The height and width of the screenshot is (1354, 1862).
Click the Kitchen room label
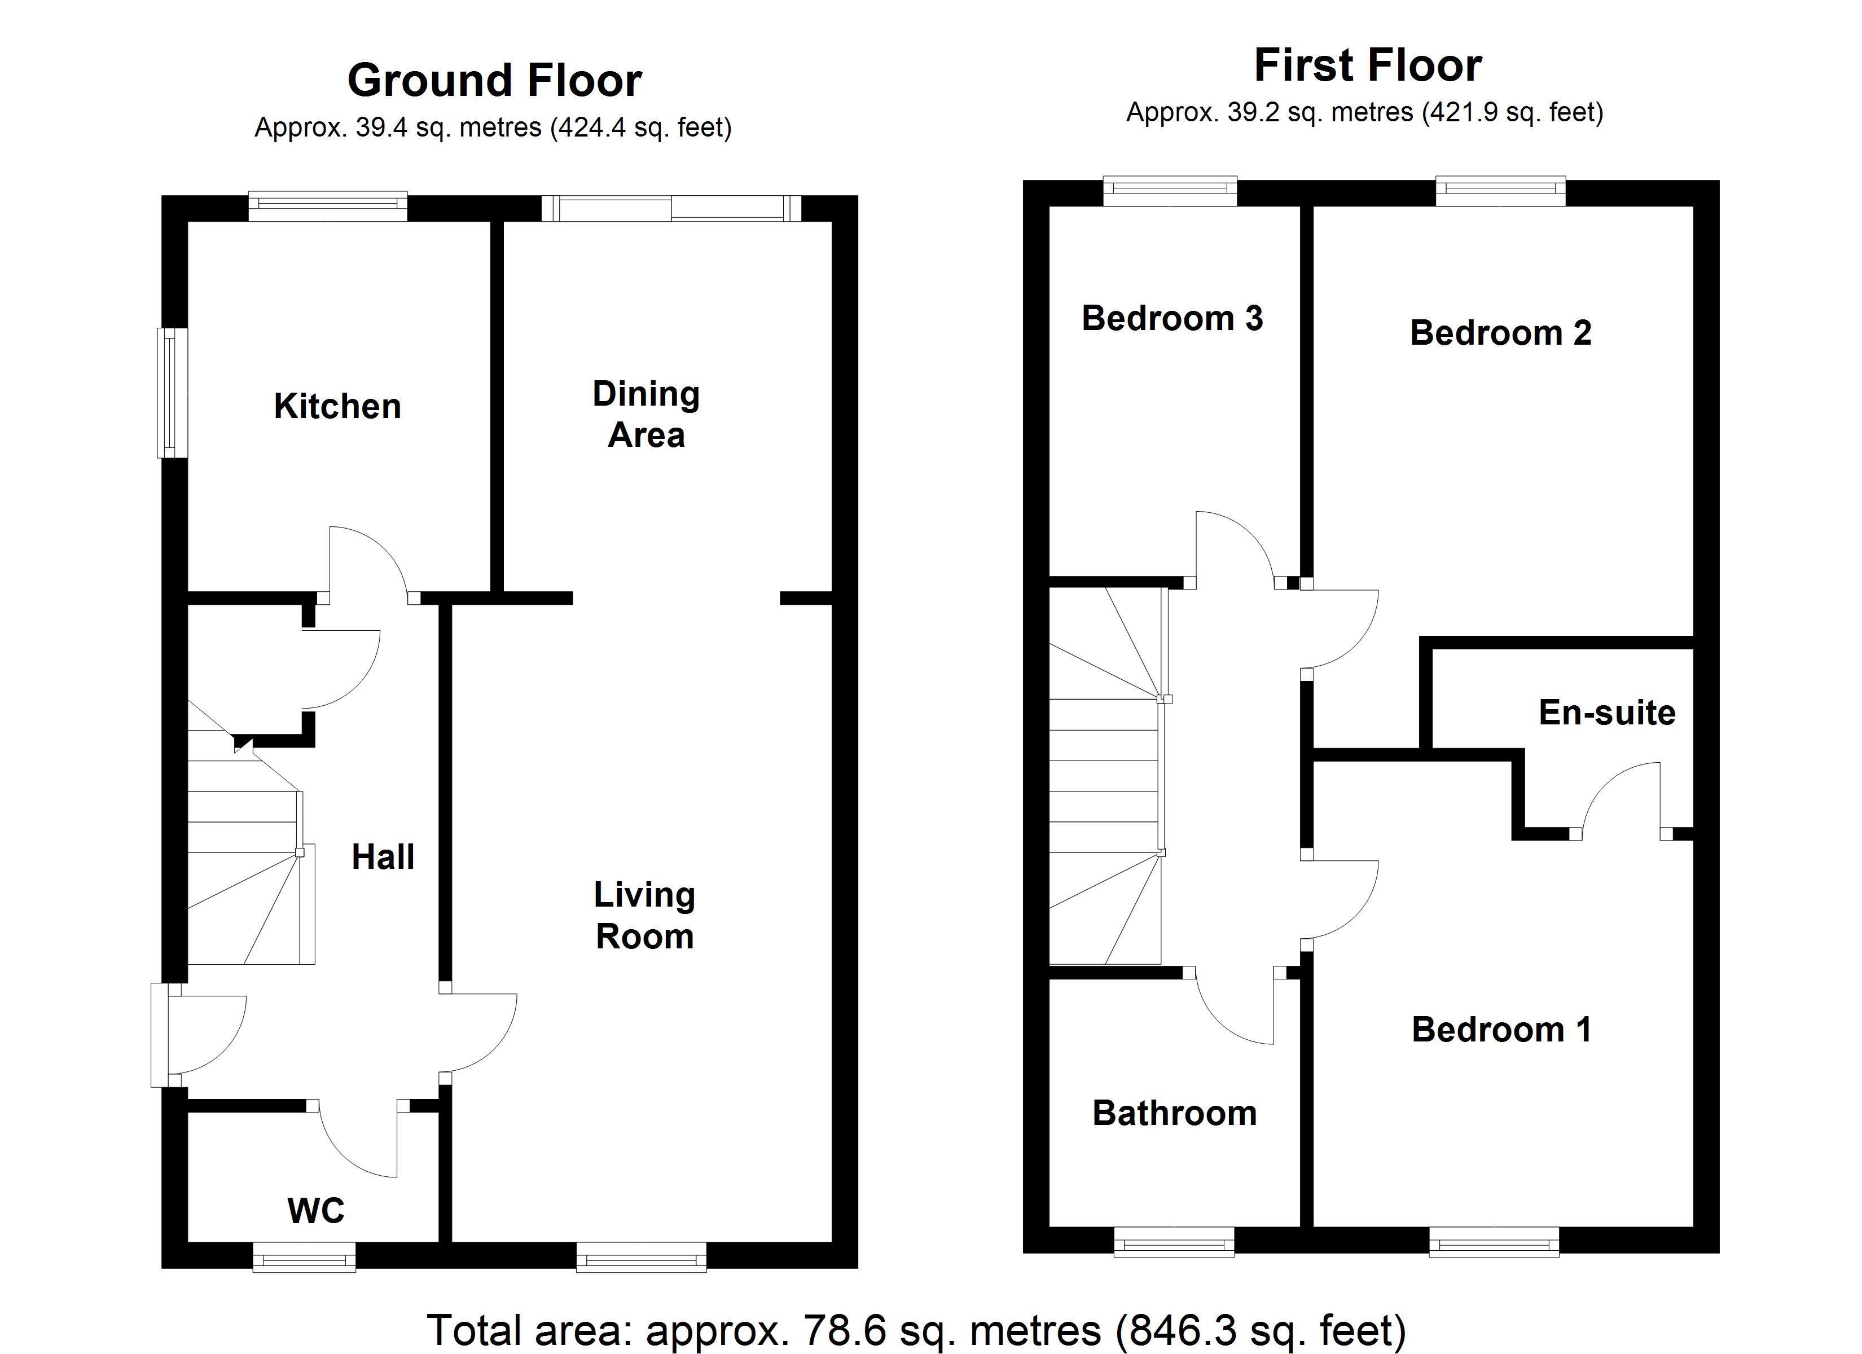click(337, 406)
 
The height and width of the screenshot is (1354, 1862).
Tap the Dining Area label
click(646, 414)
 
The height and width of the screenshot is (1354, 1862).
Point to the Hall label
click(383, 857)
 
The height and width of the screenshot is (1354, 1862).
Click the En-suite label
click(1606, 713)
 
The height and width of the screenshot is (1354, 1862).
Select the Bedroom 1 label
click(1501, 1030)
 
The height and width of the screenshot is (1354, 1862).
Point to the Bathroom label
click(1174, 1114)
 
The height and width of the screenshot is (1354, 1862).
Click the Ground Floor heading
click(494, 81)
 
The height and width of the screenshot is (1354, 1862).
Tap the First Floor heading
click(1368, 65)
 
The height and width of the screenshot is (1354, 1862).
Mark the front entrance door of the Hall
click(161, 1035)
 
